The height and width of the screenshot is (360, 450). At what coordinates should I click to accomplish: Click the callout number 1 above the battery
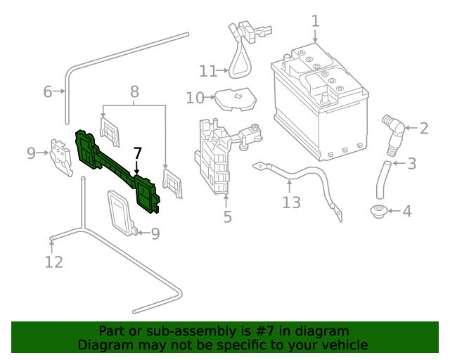pyautogui.click(x=316, y=21)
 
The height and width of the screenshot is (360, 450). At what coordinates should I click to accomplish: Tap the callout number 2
pyautogui.click(x=424, y=128)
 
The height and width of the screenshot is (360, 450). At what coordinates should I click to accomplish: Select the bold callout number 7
pyautogui.click(x=138, y=153)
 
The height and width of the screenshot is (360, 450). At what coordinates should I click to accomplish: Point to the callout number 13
pyautogui.click(x=292, y=202)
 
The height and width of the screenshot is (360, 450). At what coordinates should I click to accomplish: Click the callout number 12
pyautogui.click(x=53, y=262)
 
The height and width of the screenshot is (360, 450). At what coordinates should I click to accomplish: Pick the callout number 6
pyautogui.click(x=48, y=91)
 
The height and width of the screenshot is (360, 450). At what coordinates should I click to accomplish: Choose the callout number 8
pyautogui.click(x=134, y=91)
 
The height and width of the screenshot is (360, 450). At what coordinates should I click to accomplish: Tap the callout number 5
pyautogui.click(x=227, y=217)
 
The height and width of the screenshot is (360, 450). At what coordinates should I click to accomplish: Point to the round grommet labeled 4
pyautogui.click(x=378, y=212)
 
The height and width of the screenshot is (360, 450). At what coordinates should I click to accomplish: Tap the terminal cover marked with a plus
pyautogui.click(x=236, y=99)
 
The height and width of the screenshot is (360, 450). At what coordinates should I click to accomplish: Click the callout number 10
pyautogui.click(x=195, y=98)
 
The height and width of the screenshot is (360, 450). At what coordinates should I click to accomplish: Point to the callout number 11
pyautogui.click(x=208, y=71)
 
